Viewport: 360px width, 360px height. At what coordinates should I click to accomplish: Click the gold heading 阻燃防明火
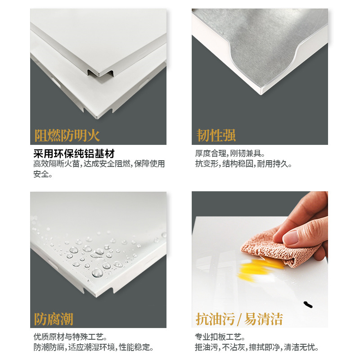tap(67, 135)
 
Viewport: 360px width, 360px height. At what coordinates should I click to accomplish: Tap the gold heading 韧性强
tap(216, 135)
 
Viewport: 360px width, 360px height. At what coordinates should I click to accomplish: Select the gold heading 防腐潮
tap(54, 319)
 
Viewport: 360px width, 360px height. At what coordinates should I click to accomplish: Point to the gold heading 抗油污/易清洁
tap(239, 319)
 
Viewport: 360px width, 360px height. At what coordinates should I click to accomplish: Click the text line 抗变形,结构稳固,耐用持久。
tap(243, 164)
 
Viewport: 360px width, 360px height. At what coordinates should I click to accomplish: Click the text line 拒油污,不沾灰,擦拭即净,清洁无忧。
tap(257, 347)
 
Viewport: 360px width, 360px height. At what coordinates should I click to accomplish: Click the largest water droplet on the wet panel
tap(97, 272)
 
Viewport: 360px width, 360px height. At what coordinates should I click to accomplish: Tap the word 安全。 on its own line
tap(43, 174)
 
